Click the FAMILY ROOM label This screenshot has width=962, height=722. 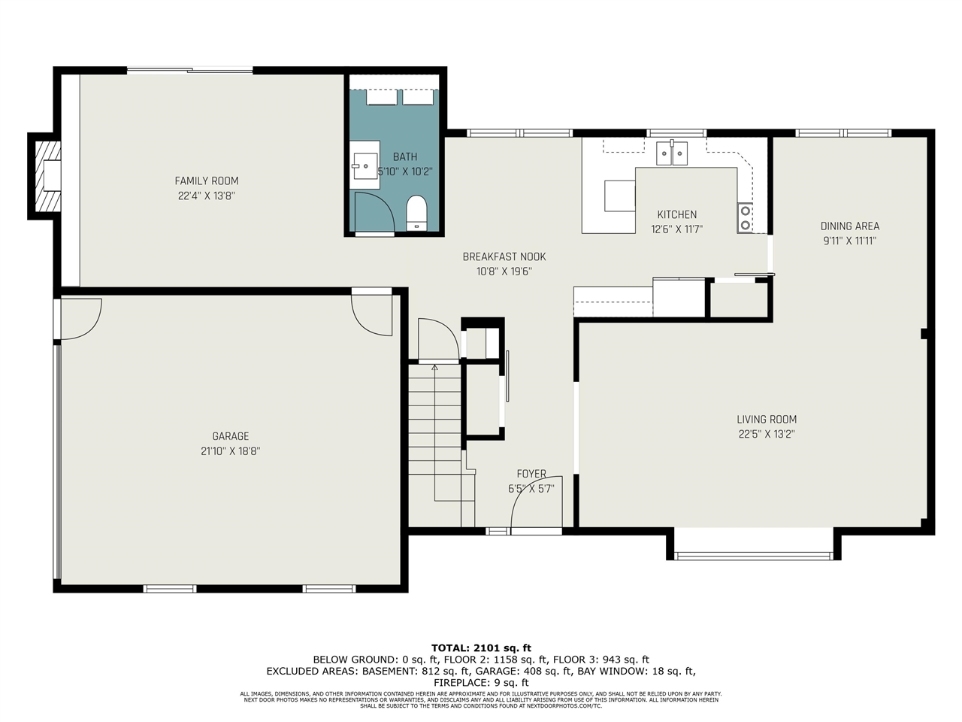[207, 181]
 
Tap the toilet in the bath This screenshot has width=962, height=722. [416, 213]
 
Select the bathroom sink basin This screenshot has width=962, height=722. [365, 166]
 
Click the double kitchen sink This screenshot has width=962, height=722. [672, 153]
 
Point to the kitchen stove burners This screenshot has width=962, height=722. [745, 218]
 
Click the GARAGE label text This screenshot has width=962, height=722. [231, 436]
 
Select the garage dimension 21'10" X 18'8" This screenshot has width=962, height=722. [231, 451]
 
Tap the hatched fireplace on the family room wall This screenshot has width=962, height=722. [48, 176]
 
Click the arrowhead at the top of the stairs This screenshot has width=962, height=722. [434, 367]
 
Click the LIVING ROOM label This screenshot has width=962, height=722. [767, 420]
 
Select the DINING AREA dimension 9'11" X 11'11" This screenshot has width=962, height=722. [850, 241]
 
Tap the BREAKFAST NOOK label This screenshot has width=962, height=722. [504, 257]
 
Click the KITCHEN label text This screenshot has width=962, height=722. [676, 214]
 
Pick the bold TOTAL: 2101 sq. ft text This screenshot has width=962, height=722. [481, 648]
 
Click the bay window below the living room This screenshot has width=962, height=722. [753, 556]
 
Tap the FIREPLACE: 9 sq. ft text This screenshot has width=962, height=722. [481, 683]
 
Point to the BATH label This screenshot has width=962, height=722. [405, 157]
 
